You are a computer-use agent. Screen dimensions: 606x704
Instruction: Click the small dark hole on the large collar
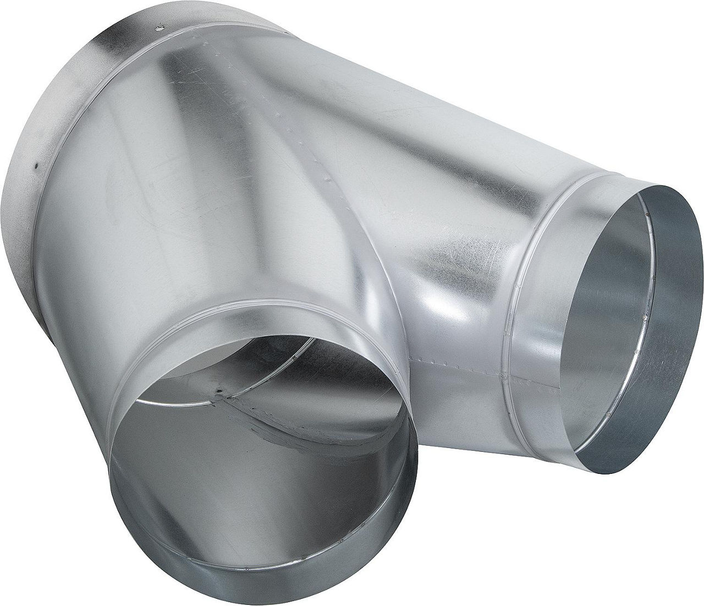click(x=35, y=164)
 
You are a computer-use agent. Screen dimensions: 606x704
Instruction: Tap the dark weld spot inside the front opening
click(x=222, y=392)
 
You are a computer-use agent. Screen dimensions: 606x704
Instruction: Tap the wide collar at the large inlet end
click(x=61, y=110)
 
